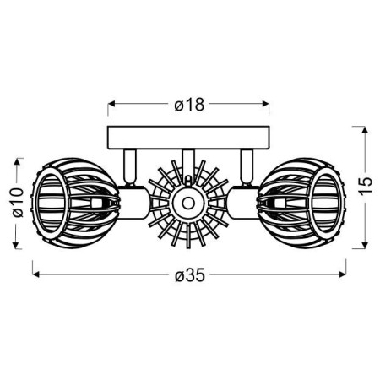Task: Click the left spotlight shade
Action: tap(64, 202)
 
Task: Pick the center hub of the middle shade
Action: tap(187, 202)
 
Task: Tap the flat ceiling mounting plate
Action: tap(189, 136)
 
